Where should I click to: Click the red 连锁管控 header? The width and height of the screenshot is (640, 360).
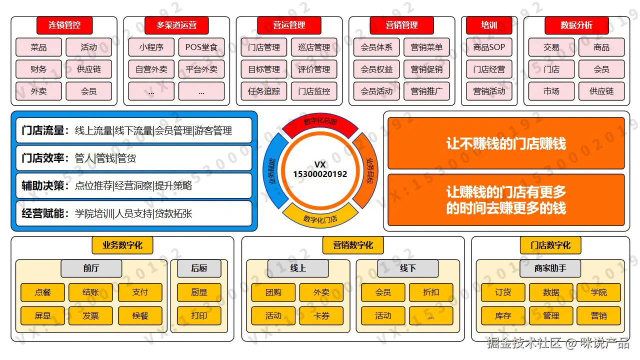click(x=64, y=25)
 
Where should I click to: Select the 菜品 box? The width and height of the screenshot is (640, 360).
click(x=38, y=47)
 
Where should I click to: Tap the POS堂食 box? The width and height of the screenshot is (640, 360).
click(x=201, y=47)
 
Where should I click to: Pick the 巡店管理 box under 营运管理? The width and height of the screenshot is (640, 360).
click(x=314, y=47)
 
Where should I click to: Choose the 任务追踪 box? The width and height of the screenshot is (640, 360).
click(x=264, y=91)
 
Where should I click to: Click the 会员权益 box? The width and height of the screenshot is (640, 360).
click(x=376, y=69)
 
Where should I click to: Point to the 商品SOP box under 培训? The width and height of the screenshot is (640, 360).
click(x=489, y=47)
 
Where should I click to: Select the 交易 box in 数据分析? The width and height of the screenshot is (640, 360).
click(x=551, y=47)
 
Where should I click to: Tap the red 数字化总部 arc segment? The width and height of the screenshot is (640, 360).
click(x=320, y=122)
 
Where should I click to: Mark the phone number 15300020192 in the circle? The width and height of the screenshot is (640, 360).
click(x=320, y=174)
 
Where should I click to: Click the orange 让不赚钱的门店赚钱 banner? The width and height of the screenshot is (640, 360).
click(x=506, y=144)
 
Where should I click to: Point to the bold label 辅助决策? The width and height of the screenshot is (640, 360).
click(x=43, y=186)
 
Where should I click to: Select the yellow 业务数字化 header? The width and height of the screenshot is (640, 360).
click(x=122, y=245)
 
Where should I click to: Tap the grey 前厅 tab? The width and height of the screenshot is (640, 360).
click(x=91, y=268)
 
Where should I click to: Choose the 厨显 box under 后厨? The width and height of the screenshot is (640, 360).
click(x=199, y=292)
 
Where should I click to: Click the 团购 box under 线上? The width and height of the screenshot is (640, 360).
click(x=273, y=292)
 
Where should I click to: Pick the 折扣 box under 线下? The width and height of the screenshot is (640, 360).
click(x=431, y=292)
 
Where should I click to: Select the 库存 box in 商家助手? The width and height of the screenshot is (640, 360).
click(x=503, y=316)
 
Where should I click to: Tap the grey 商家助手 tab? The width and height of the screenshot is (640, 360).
click(x=550, y=268)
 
